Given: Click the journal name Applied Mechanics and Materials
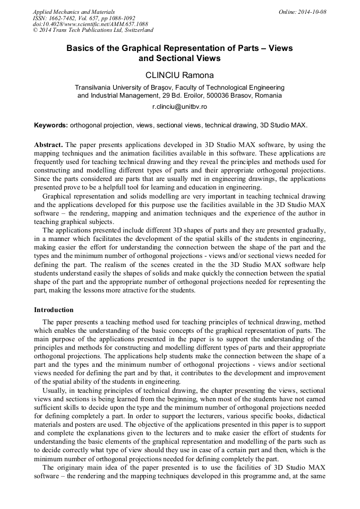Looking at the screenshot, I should click(74, 12).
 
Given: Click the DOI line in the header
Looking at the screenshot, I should click(90, 24).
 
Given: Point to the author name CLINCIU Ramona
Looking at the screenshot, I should click(179, 75).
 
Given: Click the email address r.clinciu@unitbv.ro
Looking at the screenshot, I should click(179, 107).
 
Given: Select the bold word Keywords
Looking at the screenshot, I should click(51, 125).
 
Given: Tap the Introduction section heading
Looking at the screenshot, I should click(54, 310).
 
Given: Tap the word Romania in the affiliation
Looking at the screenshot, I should click(269, 96).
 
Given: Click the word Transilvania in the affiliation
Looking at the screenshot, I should click(98, 88).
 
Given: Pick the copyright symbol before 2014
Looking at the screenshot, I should click(36, 31).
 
